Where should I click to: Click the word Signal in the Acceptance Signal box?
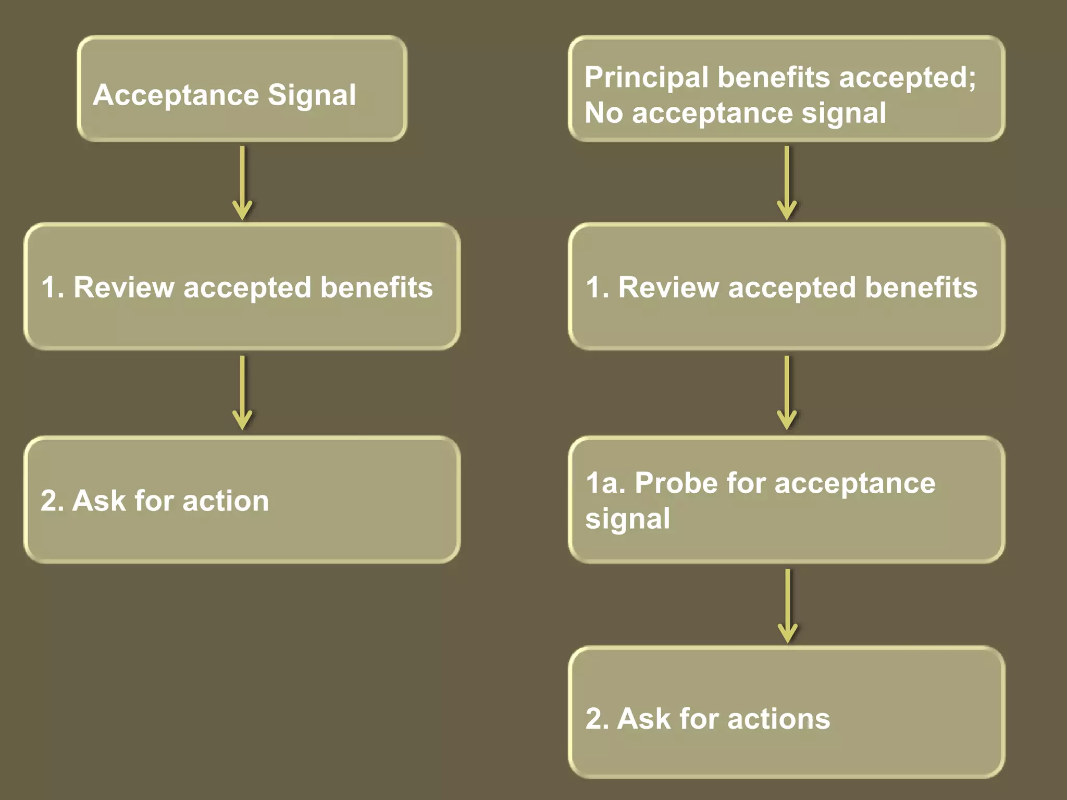tap(312, 95)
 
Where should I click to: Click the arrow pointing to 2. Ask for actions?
tap(787, 605)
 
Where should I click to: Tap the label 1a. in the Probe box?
tap(605, 483)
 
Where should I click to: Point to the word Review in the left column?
tap(123, 287)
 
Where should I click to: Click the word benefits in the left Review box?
tap(376, 287)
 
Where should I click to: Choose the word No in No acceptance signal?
tap(603, 113)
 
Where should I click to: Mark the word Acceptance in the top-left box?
tap(176, 95)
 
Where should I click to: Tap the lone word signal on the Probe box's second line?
tap(627, 519)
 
